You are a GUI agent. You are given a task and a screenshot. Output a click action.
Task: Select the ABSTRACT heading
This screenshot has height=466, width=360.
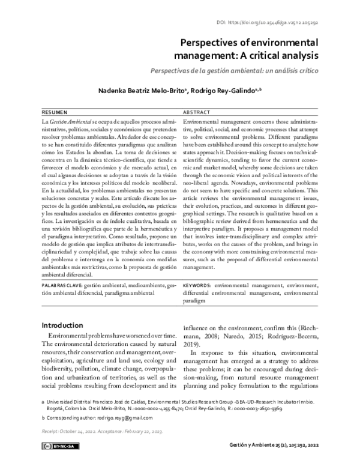point(196,112)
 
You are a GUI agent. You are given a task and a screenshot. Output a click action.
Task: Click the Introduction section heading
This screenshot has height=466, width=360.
point(63,325)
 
